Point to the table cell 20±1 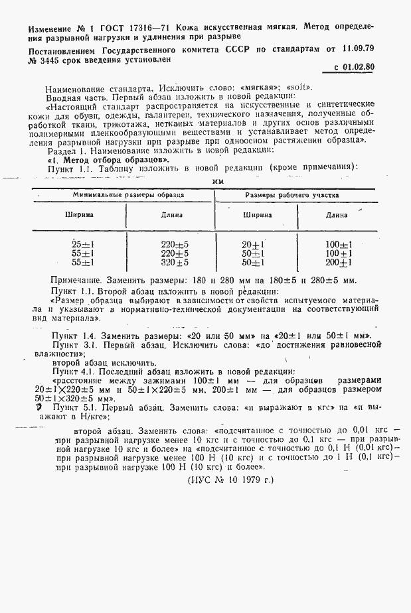(x=254, y=244)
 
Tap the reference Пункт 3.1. (x=73, y=345)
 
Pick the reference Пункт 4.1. (x=73, y=372)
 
